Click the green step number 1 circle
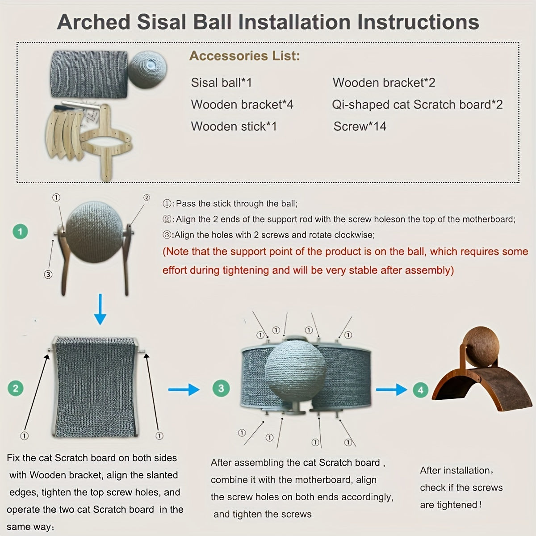20,231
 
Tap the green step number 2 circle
16,388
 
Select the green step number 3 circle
221,388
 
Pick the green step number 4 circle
420,389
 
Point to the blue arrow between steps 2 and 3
184,389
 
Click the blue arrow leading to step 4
391,389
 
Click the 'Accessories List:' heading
245,56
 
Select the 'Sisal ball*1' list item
222,83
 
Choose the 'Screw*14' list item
360,126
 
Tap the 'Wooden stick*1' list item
234,126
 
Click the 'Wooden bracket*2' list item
384,83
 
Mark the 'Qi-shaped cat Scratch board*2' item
417,105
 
